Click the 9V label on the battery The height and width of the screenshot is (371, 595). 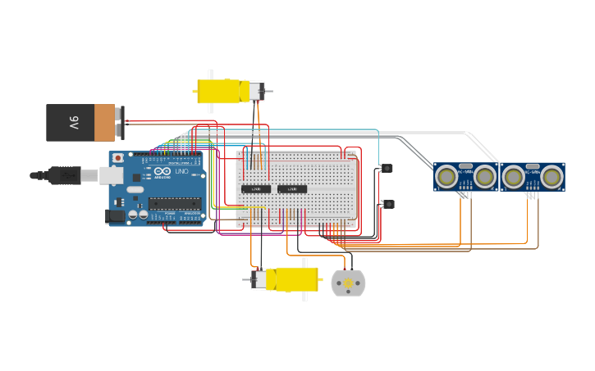[74, 123]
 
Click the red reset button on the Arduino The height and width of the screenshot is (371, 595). [118, 157]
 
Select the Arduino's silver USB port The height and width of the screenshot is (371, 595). [111, 174]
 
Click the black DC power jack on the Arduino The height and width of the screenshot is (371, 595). [115, 215]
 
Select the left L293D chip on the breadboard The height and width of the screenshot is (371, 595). [255, 189]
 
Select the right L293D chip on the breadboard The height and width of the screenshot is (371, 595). [291, 189]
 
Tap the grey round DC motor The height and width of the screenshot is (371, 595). [348, 283]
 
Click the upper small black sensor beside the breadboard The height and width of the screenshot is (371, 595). [387, 169]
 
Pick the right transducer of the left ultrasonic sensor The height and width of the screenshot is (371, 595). [485, 176]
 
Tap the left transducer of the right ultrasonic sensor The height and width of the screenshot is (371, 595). [514, 176]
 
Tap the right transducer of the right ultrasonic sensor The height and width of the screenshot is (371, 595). [552, 176]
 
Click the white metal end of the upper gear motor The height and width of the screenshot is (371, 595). [256, 91]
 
